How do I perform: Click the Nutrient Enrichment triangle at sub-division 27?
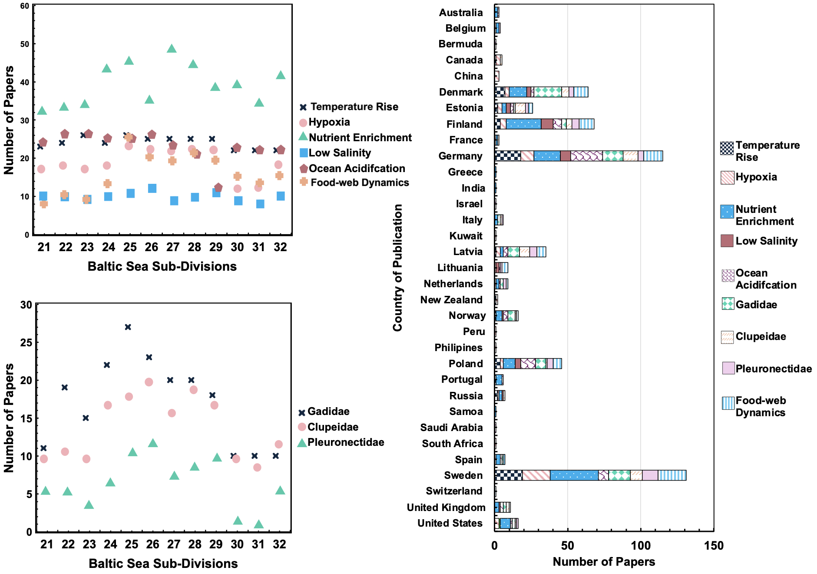[x=172, y=49]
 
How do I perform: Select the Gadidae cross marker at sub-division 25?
[x=128, y=327]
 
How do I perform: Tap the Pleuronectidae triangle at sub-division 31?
[x=258, y=524]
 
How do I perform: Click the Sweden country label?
[x=463, y=475]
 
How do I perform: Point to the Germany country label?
[x=460, y=156]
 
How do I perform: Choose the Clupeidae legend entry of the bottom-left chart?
[x=328, y=427]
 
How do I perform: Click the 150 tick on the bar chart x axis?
[x=714, y=546]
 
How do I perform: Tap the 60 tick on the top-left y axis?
[x=24, y=6]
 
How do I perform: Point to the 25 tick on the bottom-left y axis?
[x=26, y=342]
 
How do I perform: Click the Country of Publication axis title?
[x=397, y=268]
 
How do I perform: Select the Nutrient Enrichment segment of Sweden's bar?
[x=574, y=475]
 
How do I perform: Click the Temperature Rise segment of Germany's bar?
[x=507, y=156]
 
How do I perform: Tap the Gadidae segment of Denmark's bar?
[x=547, y=92]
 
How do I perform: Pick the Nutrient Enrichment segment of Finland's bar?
[x=523, y=124]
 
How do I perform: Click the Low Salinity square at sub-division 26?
[x=152, y=189]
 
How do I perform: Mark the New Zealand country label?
[x=451, y=300]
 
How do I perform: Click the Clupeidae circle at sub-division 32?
[x=279, y=445]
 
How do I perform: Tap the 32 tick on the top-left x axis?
[x=280, y=247]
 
